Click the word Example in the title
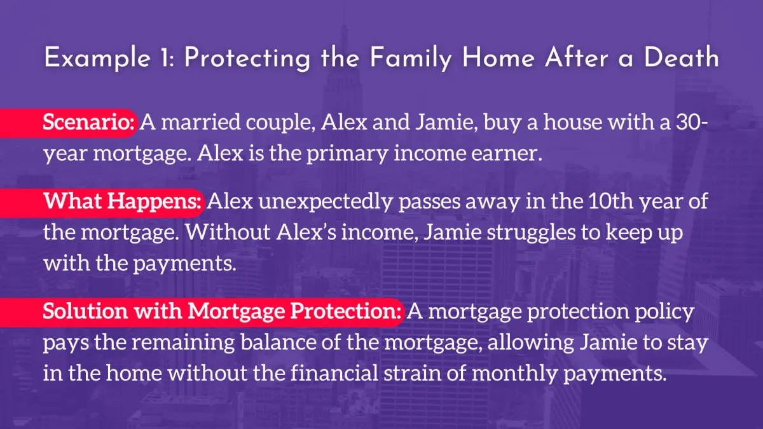(97, 58)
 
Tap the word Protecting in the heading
(247, 58)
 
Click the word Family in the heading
(411, 58)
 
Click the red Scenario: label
(88, 122)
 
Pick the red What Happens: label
(122, 201)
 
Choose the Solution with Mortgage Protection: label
(222, 311)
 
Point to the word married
(201, 122)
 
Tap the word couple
(280, 123)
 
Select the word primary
(347, 154)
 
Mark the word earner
(507, 154)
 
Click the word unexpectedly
(326, 201)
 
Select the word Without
(228, 232)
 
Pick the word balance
(278, 342)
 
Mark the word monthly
(514, 373)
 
